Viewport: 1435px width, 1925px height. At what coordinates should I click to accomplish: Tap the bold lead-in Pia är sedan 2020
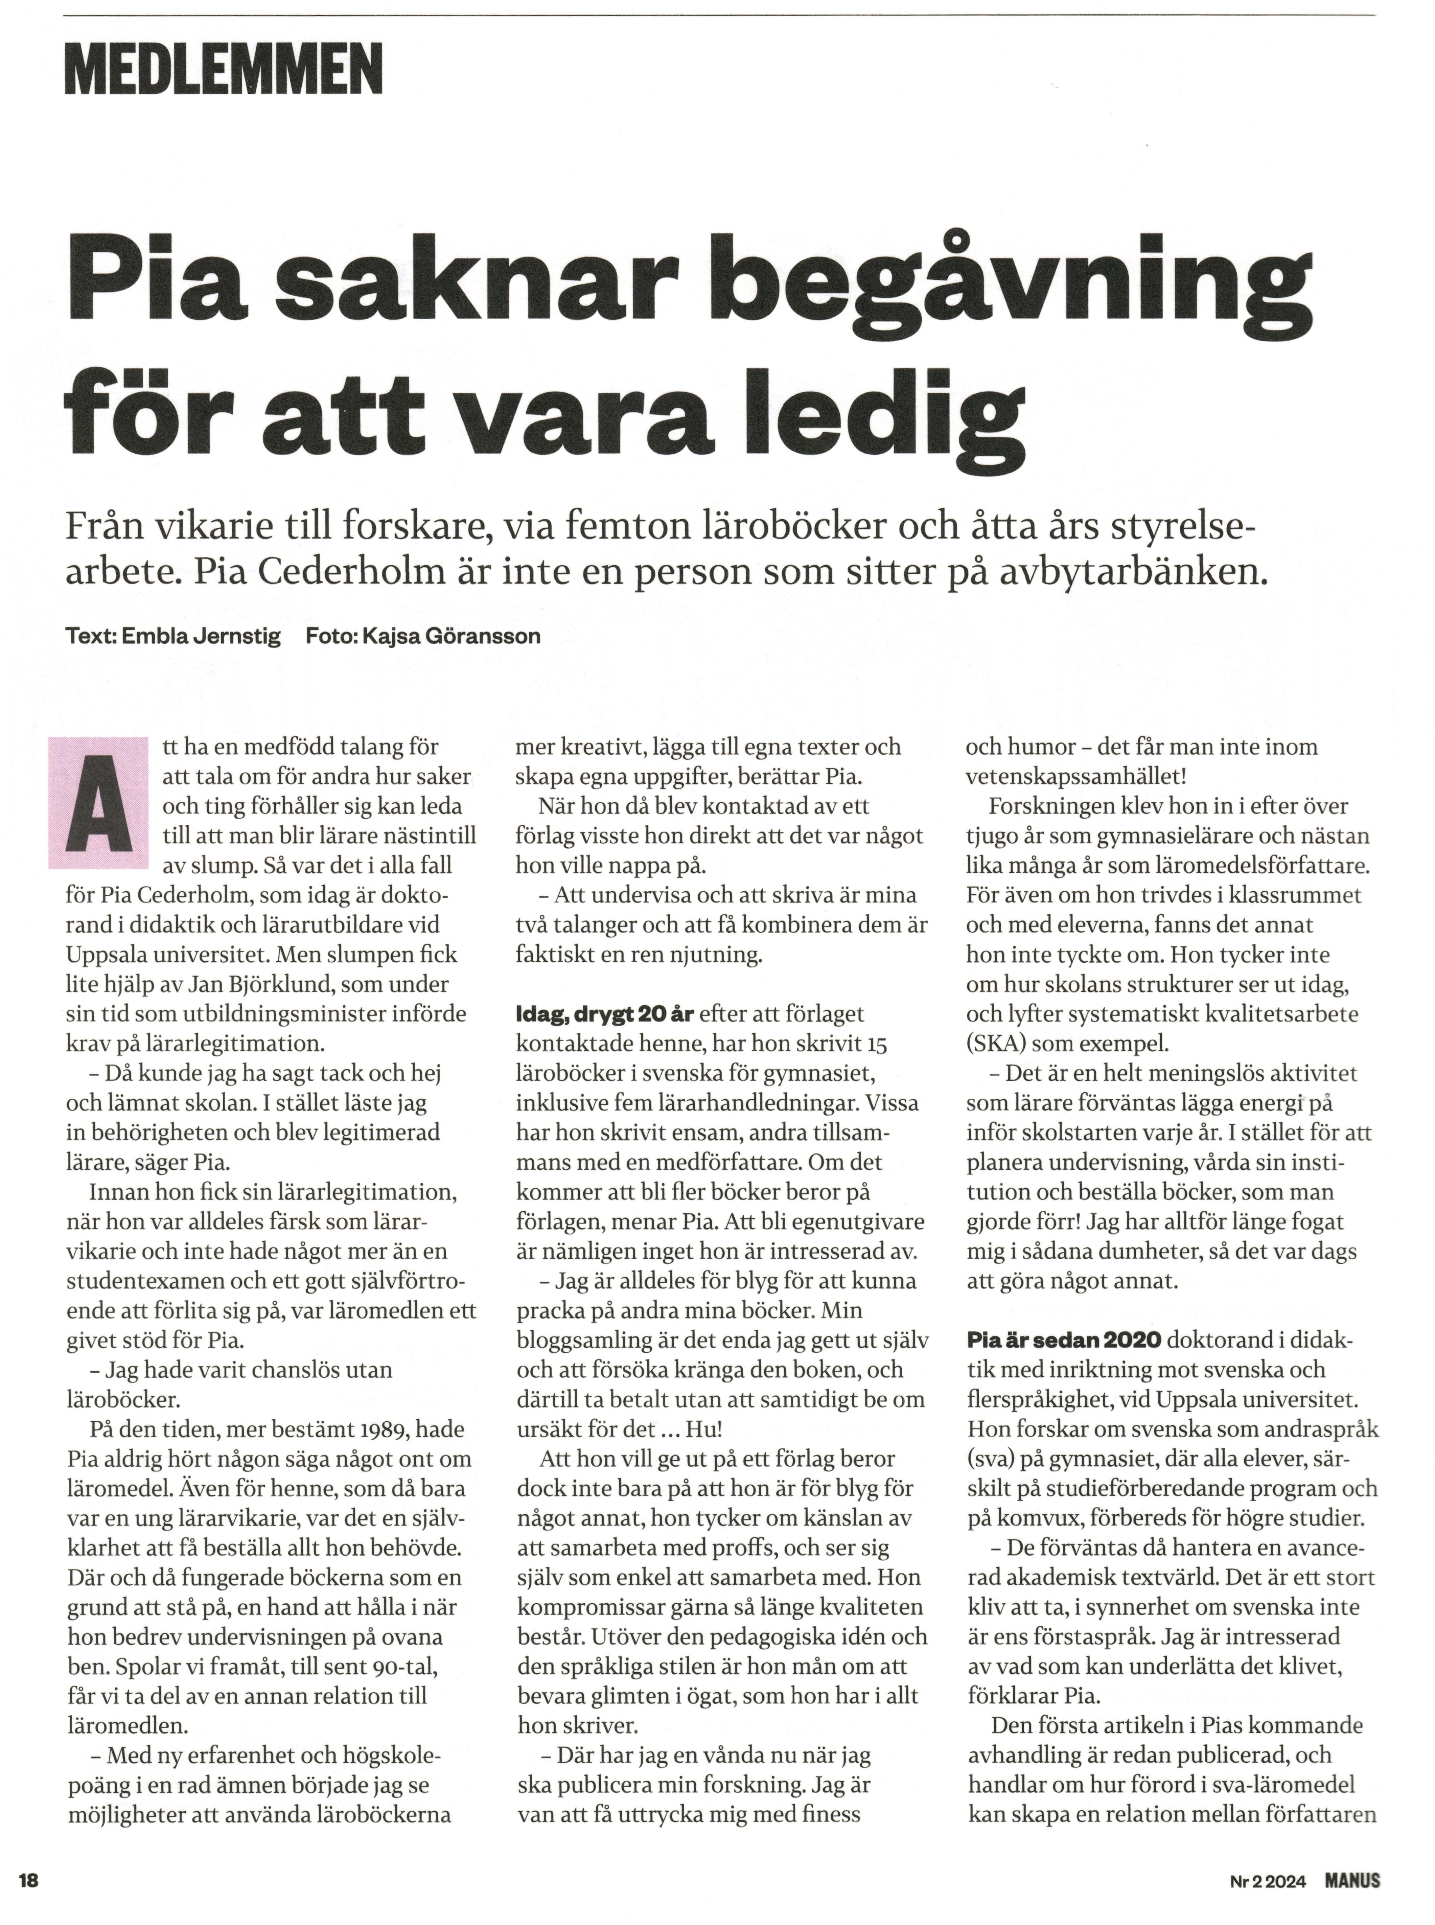tap(1063, 1339)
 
